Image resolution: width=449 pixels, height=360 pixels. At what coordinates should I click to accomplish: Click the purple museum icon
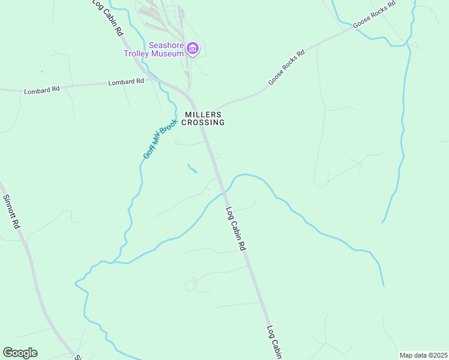192,48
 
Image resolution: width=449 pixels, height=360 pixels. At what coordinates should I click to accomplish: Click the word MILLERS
203,114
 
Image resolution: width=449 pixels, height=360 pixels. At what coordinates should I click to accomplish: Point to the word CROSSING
203,122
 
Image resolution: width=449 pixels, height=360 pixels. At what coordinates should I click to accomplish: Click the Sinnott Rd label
12,211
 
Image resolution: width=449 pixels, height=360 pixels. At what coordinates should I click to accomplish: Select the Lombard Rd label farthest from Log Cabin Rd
42,90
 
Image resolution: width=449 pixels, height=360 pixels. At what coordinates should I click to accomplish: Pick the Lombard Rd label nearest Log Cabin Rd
126,82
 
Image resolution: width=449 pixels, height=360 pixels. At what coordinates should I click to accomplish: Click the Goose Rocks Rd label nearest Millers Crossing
287,67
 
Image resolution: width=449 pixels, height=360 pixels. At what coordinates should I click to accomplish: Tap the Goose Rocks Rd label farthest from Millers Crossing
375,14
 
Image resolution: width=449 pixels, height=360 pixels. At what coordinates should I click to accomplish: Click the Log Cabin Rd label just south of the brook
236,229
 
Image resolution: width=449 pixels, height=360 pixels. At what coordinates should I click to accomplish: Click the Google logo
20,353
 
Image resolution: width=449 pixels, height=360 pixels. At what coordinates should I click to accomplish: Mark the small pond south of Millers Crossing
192,169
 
